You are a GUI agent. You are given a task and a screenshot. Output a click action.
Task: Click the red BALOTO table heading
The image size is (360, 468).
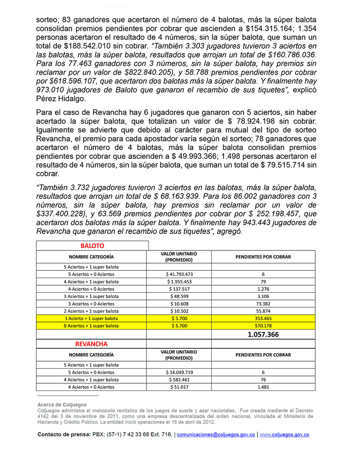pyautogui.click(x=92, y=246)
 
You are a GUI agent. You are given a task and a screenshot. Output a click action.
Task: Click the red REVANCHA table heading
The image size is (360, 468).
pyautogui.click(x=92, y=344)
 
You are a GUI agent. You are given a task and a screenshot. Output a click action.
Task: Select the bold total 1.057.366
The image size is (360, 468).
pyautogui.click(x=263, y=334)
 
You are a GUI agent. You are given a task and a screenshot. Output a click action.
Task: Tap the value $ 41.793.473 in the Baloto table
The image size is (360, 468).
pyautogui.click(x=179, y=274)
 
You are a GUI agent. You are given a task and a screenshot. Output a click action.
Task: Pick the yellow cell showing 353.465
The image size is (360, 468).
pyautogui.click(x=263, y=318)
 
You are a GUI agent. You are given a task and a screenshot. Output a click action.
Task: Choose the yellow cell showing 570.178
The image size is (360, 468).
pyautogui.click(x=263, y=326)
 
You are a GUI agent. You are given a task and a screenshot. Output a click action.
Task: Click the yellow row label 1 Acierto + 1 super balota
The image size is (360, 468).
pyautogui.click(x=91, y=318)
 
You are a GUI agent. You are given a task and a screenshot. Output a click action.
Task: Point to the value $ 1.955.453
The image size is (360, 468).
pyautogui.click(x=179, y=282)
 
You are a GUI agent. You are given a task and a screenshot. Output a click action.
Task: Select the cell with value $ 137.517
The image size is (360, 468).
pyautogui.click(x=179, y=289)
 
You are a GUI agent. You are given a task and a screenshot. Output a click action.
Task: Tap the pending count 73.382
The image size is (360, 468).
pyautogui.click(x=263, y=304)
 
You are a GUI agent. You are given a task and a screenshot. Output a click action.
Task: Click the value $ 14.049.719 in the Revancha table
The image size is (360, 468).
pyautogui.click(x=179, y=372)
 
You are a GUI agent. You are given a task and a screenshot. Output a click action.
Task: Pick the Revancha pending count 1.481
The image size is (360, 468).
pyautogui.click(x=263, y=387)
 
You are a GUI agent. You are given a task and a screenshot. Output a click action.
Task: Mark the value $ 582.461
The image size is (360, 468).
pyautogui.click(x=179, y=380)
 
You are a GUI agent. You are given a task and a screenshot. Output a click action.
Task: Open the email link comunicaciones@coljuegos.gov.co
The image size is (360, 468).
pyautogui.click(x=216, y=435)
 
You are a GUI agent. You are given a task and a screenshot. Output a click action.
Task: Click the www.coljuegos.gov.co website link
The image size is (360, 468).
pyautogui.click(x=284, y=435)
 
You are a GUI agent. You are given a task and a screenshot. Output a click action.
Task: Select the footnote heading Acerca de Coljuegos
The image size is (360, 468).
pyautogui.click(x=62, y=405)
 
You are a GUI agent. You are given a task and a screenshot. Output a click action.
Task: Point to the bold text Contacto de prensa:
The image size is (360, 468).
pyautogui.click(x=64, y=435)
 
